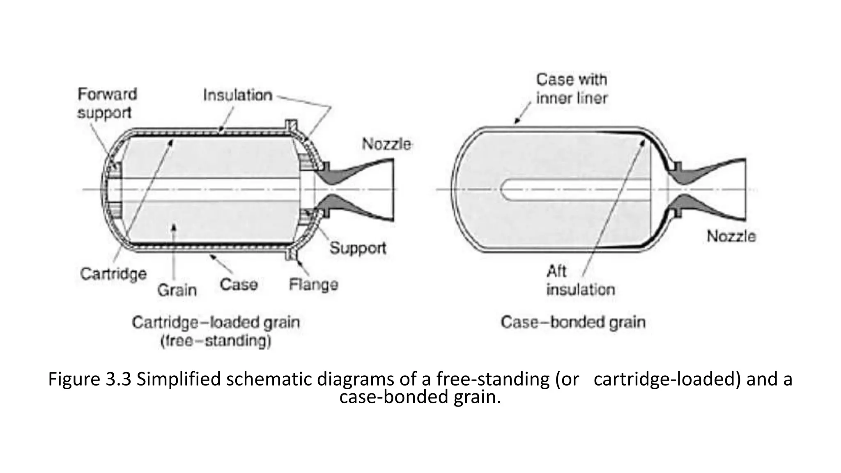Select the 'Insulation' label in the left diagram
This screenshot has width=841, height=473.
click(237, 95)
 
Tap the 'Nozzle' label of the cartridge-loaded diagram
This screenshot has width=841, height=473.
click(386, 144)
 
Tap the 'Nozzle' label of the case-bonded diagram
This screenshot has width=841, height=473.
click(731, 236)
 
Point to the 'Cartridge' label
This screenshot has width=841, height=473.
click(113, 273)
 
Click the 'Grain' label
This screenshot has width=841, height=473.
click(177, 290)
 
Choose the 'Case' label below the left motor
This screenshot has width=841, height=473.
click(239, 284)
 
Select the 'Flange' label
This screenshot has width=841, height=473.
click(313, 284)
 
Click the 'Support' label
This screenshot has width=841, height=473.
click(358, 248)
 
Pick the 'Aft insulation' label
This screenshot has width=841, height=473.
click(580, 281)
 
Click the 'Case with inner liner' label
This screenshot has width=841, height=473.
click(572, 89)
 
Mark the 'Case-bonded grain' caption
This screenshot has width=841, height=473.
click(573, 322)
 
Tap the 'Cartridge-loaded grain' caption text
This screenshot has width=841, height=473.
click(216, 323)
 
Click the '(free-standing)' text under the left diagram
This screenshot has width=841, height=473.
click(216, 341)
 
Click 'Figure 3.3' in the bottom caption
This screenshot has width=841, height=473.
click(90, 379)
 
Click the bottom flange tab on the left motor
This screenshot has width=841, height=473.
click(291, 254)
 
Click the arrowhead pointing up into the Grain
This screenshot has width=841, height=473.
click(174, 227)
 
